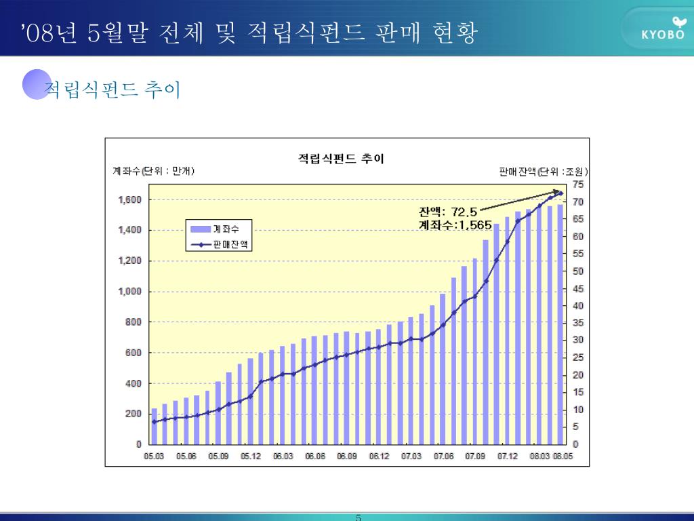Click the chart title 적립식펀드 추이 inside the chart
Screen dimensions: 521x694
point(341,159)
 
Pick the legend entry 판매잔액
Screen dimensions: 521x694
point(220,245)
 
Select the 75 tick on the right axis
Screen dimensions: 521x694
point(577,185)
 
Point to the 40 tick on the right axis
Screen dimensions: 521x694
point(577,306)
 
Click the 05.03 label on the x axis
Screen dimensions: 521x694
point(154,457)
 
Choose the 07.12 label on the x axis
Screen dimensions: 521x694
point(508,457)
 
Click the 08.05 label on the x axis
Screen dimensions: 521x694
point(563,457)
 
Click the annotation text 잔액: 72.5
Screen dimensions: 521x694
point(448,212)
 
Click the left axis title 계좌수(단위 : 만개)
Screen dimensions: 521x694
point(153,171)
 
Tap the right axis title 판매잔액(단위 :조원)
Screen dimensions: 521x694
point(543,171)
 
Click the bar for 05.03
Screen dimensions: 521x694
point(154,426)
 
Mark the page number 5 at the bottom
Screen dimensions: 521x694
point(359,518)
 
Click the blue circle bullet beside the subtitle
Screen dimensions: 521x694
point(37,84)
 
